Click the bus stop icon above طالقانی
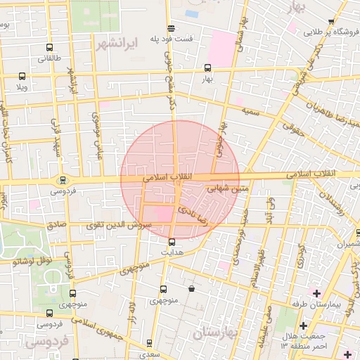48,47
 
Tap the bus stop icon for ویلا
22,77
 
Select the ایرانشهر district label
115,43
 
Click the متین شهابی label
229,188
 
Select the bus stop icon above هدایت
172,242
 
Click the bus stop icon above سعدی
148,343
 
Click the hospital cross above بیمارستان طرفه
316,292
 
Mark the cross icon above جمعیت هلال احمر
303,326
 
